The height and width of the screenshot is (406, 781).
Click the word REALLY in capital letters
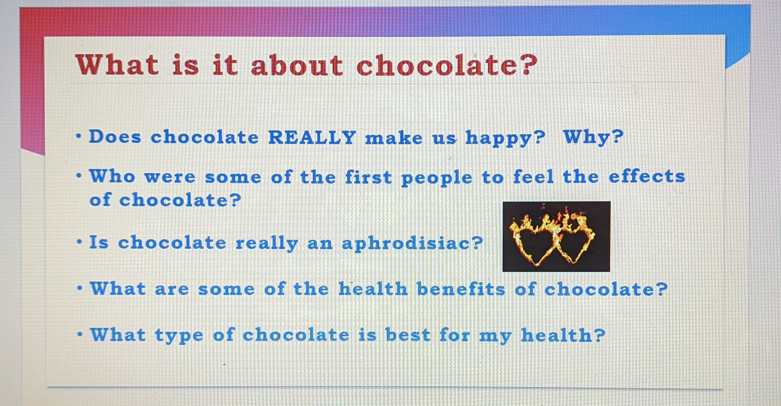pyautogui.click(x=312, y=137)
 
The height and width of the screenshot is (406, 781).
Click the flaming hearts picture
pyautogui.click(x=556, y=236)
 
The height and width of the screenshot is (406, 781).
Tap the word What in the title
pyautogui.click(x=117, y=64)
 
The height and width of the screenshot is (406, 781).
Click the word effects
pyautogui.click(x=647, y=176)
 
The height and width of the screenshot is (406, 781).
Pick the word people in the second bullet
pyautogui.click(x=437, y=178)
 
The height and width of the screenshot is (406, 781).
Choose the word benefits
pyautogui.click(x=461, y=289)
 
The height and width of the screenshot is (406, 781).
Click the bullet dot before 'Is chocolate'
pyautogui.click(x=79, y=242)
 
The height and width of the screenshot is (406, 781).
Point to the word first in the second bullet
pyautogui.click(x=368, y=177)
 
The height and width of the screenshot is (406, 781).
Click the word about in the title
pyautogui.click(x=297, y=65)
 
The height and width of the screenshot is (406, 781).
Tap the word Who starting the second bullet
pyautogui.click(x=113, y=176)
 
